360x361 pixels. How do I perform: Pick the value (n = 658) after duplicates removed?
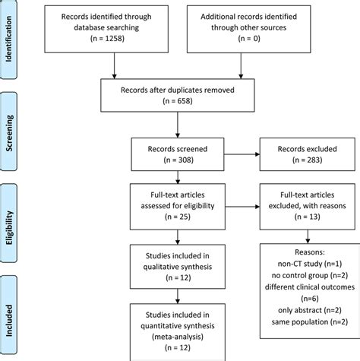(177, 101)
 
